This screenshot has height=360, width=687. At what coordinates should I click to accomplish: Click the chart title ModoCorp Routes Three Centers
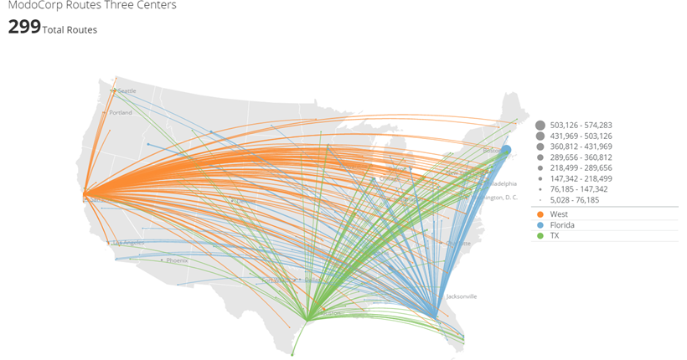pyautogui.click(x=92, y=5)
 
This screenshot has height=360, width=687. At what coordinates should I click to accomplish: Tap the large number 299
pyautogui.click(x=23, y=27)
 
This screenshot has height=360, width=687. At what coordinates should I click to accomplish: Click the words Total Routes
pyautogui.click(x=70, y=30)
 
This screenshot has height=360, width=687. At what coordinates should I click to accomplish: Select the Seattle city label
pyautogui.click(x=127, y=90)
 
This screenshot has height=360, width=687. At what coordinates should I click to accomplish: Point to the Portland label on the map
pyautogui.click(x=121, y=112)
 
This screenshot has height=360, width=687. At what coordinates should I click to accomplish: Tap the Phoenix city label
pyautogui.click(x=177, y=260)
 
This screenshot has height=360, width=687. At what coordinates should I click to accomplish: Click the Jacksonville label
pyautogui.click(x=462, y=296)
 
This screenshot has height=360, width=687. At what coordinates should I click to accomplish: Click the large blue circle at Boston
pyautogui.click(x=506, y=150)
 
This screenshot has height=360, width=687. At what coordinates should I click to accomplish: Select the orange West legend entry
pyautogui.click(x=560, y=214)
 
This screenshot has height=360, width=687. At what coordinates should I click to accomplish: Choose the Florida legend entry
pyautogui.click(x=563, y=225)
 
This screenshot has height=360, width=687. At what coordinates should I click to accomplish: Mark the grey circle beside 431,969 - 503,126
pyautogui.click(x=540, y=136)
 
